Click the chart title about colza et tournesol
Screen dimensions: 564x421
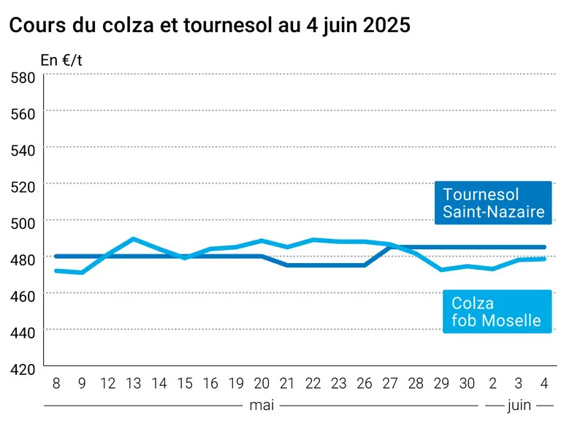tap(210, 26)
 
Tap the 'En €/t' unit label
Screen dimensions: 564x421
tap(61, 60)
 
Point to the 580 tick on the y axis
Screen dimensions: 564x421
tap(23, 78)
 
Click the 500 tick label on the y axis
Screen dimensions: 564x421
tap(23, 224)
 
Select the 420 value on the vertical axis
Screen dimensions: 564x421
tap(23, 370)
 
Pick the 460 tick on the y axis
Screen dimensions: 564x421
tap(23, 297)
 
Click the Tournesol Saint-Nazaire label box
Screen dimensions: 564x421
tap(493, 203)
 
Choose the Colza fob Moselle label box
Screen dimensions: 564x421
tap(497, 311)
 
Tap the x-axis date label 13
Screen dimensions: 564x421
tap(134, 384)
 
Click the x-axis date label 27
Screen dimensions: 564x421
tap(390, 384)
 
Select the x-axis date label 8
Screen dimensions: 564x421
tap(56, 384)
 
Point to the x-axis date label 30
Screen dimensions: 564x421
tap(467, 384)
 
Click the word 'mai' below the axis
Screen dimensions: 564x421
tap(262, 406)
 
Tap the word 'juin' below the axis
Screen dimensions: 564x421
tap(519, 406)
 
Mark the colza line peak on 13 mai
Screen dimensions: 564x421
tap(133, 238)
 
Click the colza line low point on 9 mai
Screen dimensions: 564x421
tap(82, 273)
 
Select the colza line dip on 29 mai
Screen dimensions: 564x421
tap(441, 270)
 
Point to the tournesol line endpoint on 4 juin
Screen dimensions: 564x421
tap(544, 247)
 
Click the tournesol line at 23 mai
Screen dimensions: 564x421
tap(338, 265)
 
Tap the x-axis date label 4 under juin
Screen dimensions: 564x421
tap(544, 384)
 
